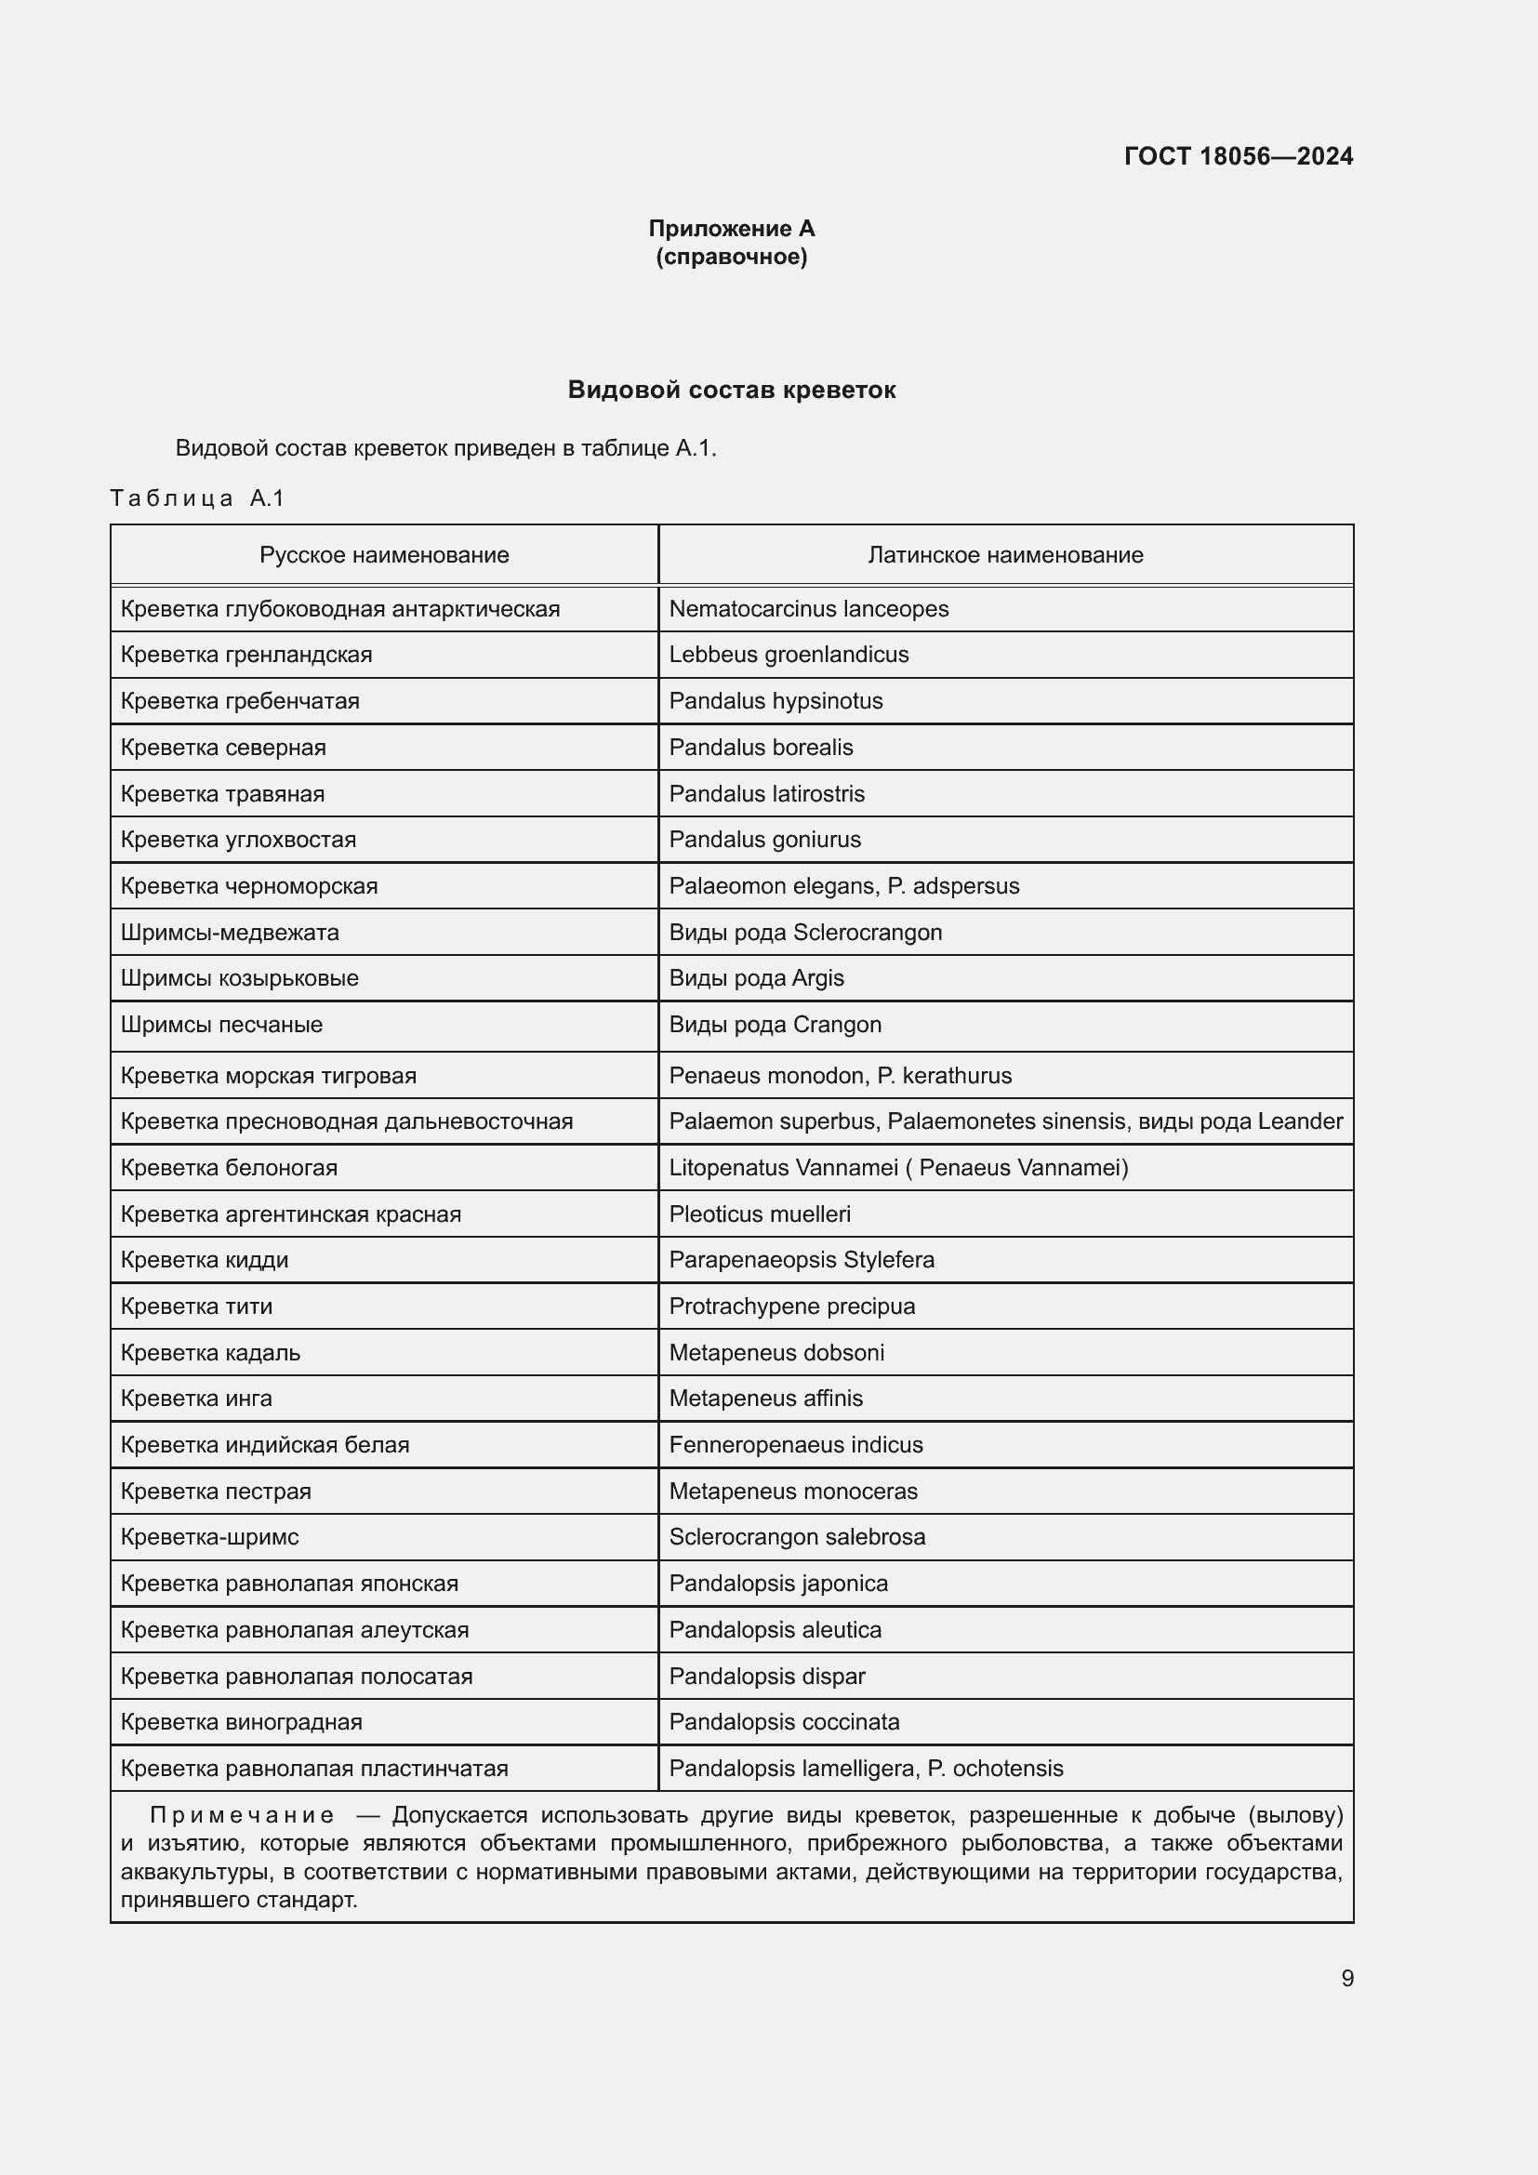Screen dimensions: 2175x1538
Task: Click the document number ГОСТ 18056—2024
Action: [x=1238, y=156]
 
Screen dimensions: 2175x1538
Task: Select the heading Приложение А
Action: [x=731, y=229]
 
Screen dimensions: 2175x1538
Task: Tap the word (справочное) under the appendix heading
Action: [x=731, y=257]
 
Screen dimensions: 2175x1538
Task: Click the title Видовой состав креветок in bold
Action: [x=731, y=390]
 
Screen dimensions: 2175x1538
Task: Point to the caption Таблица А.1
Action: [x=197, y=498]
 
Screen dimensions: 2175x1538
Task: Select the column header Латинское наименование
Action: [x=1005, y=555]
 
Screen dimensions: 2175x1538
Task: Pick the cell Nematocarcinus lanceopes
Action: [x=808, y=609]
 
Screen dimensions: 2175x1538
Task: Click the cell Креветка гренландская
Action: [x=246, y=655]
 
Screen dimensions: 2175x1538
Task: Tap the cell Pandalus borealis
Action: [x=761, y=748]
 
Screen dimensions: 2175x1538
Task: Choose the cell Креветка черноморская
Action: [x=249, y=886]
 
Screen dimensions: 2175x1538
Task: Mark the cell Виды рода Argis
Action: [x=756, y=977]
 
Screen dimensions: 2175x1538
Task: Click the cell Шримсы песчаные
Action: [x=221, y=1025]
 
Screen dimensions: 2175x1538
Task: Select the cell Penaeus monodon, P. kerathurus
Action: [x=840, y=1075]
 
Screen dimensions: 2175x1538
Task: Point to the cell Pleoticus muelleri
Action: [x=760, y=1213]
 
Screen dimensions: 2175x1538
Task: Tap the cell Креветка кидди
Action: [x=205, y=1260]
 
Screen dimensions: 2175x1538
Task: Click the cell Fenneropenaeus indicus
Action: [x=796, y=1445]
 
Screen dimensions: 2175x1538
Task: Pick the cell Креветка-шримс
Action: [x=209, y=1536]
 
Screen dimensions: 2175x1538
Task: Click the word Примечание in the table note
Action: [x=243, y=1815]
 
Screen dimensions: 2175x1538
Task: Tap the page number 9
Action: [x=1346, y=1978]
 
